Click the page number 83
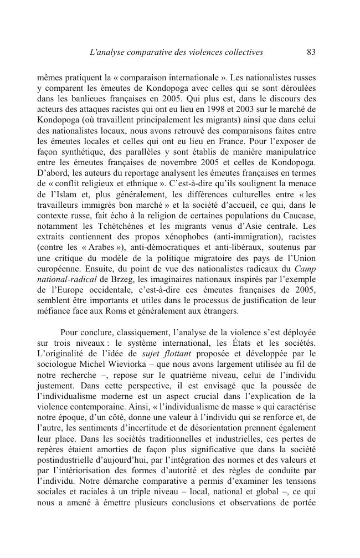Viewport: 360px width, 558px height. pos(310,53)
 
